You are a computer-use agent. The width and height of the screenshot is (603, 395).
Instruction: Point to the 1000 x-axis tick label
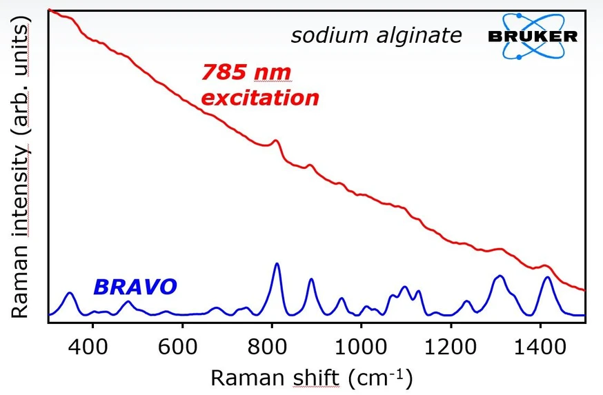(x=361, y=345)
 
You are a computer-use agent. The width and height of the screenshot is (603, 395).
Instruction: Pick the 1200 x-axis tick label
(x=451, y=345)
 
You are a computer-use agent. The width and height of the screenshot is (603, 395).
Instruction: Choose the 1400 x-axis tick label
(x=540, y=345)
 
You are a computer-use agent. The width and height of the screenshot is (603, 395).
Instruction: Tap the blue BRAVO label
(x=135, y=286)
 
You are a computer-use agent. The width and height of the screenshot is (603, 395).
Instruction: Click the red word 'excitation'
(x=260, y=97)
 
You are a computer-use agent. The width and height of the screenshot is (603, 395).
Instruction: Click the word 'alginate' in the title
(x=419, y=35)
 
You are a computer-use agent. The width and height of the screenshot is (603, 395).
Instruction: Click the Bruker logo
(x=532, y=35)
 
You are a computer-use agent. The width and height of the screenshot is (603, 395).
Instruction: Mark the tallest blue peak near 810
(x=277, y=264)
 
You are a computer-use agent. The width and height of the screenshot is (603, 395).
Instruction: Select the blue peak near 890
(x=311, y=279)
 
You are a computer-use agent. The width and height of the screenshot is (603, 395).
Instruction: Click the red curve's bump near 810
(x=276, y=141)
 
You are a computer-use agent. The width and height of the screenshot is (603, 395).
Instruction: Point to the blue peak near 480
(x=127, y=302)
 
